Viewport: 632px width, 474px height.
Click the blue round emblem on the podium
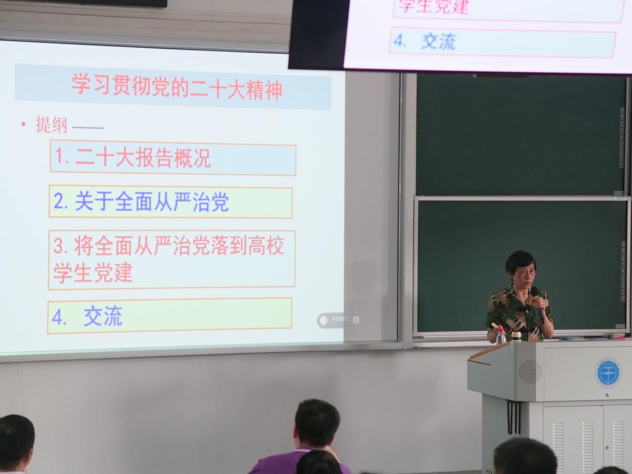pyautogui.click(x=608, y=373)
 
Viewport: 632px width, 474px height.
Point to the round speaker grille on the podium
pyautogui.click(x=530, y=372)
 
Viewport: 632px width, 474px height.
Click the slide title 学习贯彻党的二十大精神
pyautogui.click(x=176, y=88)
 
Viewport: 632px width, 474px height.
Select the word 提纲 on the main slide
pyautogui.click(x=51, y=125)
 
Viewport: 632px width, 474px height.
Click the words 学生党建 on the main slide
pyautogui.click(x=93, y=273)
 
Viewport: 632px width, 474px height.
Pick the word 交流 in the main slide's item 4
pyautogui.click(x=103, y=316)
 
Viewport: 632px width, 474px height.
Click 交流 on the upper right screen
pyautogui.click(x=439, y=42)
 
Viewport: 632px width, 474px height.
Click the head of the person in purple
pyautogui.click(x=317, y=424)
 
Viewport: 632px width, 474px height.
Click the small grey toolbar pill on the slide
pyautogui.click(x=339, y=320)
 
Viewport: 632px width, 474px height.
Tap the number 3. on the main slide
pyautogui.click(x=61, y=246)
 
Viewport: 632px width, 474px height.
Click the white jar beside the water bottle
pyautogui.click(x=516, y=336)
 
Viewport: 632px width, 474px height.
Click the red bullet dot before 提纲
pyautogui.click(x=23, y=124)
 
